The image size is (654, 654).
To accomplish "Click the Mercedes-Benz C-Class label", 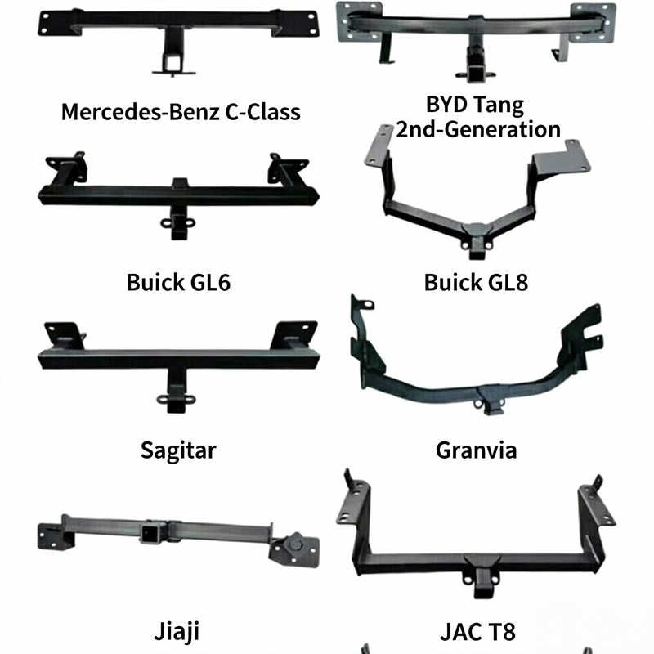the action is point(181,112).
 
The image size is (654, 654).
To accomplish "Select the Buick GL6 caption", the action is point(178,282).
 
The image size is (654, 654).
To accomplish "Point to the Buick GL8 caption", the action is point(476,282).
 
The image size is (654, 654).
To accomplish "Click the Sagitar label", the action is point(178,451).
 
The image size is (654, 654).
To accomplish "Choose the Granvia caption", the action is point(476,450).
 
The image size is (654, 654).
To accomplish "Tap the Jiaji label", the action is point(177,631).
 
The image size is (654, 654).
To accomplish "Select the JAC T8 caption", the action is point(477,631).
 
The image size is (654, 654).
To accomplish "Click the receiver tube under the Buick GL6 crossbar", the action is point(177,226).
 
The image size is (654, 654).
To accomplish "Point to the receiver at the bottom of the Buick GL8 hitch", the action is point(477,249).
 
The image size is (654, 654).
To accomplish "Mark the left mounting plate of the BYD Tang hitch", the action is point(359,22).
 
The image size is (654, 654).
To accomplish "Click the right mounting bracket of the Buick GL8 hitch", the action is point(562,160).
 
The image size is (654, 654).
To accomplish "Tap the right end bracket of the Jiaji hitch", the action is point(294,549).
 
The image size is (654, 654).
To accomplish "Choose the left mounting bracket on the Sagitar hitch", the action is point(65,335).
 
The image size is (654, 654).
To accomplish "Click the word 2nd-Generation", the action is point(478,129).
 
